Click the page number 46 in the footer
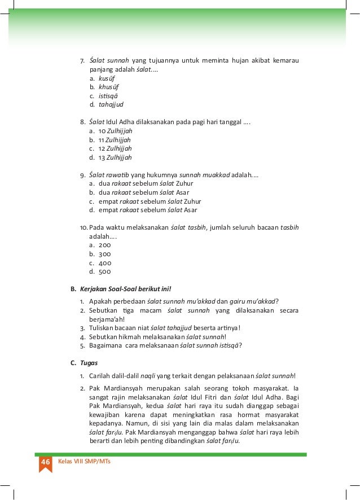[45, 462]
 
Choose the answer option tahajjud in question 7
[111, 104]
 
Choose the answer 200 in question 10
[105, 245]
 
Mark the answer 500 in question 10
[105, 271]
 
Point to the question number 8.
[82, 121]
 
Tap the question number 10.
[84, 227]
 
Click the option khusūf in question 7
[109, 87]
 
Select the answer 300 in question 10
[105, 254]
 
